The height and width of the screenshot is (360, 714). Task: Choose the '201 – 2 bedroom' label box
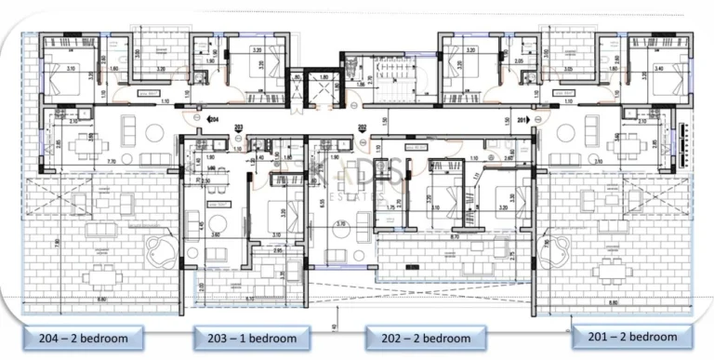(631, 335)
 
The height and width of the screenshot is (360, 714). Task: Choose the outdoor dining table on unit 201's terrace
(610, 272)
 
